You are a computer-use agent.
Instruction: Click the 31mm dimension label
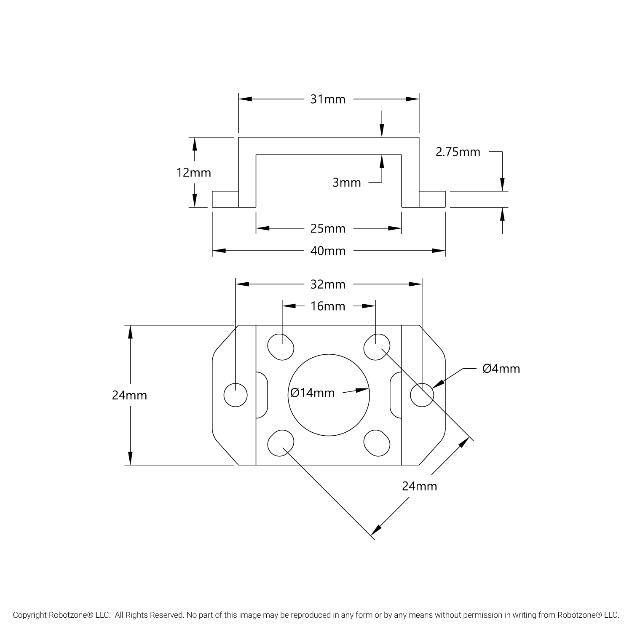[x=328, y=99]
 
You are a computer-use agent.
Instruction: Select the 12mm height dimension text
[x=194, y=173]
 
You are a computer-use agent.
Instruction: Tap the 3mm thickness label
[x=347, y=183]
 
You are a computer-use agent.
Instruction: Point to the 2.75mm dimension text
[x=458, y=152]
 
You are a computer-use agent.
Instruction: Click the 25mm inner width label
[x=328, y=229]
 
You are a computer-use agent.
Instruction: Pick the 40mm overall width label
[x=328, y=251]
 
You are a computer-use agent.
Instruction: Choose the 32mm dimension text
[x=328, y=285]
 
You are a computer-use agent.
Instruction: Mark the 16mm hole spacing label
[x=328, y=306]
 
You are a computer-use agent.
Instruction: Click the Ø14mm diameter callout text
[x=313, y=393]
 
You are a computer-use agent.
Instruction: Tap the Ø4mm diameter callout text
[x=501, y=369]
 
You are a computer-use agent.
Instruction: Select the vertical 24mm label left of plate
[x=129, y=396]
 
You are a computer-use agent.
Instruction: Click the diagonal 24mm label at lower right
[x=419, y=487]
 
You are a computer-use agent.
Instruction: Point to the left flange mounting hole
[x=236, y=395]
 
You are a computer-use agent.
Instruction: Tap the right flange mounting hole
[x=422, y=395]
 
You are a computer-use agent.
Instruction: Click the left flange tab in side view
[x=225, y=199]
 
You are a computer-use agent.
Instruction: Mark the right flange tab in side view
[x=432, y=199]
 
